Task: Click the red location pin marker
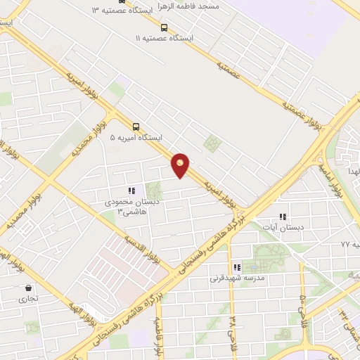click(x=181, y=165)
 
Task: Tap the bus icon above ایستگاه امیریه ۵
click(x=136, y=128)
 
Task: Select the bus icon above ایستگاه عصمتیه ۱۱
click(x=164, y=27)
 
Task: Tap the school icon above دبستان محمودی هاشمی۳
click(x=131, y=191)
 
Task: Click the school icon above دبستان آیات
click(x=283, y=217)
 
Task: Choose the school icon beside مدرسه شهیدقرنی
click(x=237, y=267)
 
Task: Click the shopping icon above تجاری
click(x=28, y=288)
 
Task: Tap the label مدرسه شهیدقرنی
click(x=237, y=278)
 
